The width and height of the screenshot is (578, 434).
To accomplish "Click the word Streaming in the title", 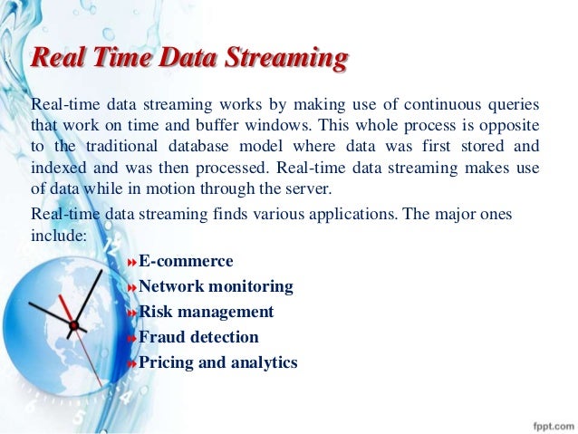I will point(287,60).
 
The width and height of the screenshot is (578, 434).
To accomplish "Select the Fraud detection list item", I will point(198,337).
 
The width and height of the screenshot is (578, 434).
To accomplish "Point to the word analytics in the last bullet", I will point(263,362).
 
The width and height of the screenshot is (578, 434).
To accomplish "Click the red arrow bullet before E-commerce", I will point(131,262).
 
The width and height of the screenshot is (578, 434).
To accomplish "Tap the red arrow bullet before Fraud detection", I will point(131,338).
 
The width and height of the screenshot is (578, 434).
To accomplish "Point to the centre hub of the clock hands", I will point(73,323).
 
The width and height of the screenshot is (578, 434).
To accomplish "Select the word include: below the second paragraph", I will point(58,235).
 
